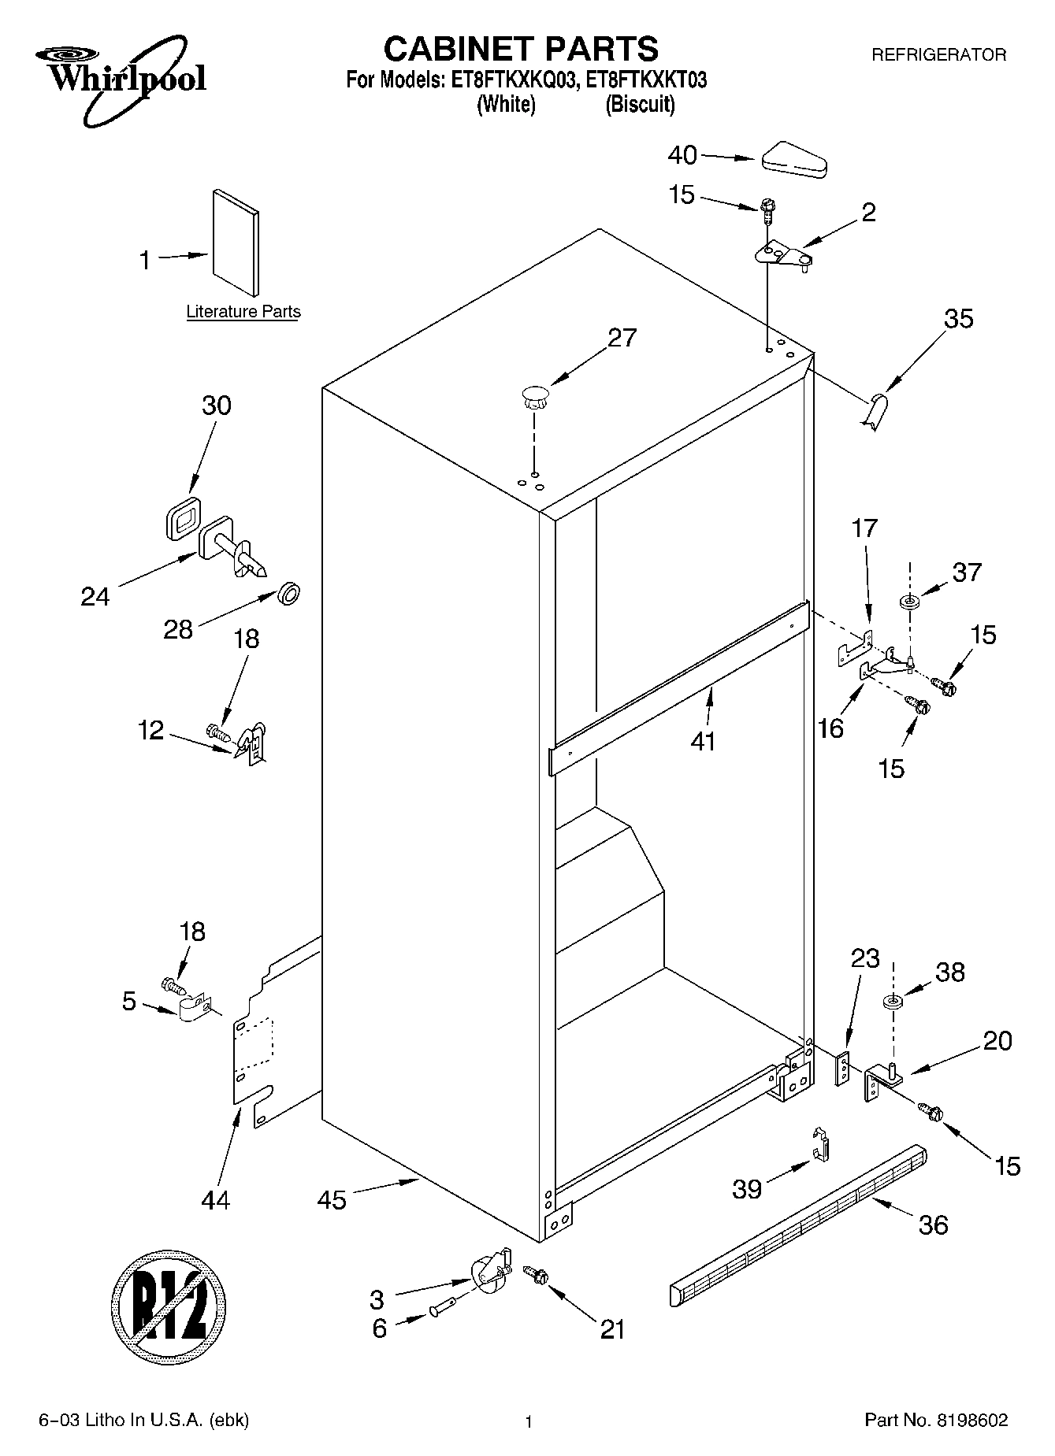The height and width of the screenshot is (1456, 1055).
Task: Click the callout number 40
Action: [x=682, y=155]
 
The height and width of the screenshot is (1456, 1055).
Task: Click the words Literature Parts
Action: [x=243, y=312]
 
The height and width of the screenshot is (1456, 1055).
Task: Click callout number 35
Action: [x=958, y=319]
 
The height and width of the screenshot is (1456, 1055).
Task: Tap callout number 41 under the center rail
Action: [x=703, y=741]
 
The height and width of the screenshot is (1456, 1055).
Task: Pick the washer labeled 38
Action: [x=893, y=1002]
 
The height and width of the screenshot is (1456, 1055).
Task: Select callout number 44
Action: [x=215, y=1200]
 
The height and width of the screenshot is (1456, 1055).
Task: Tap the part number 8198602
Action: [x=972, y=1421]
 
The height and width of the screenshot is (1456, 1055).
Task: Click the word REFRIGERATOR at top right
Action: [x=938, y=54]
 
